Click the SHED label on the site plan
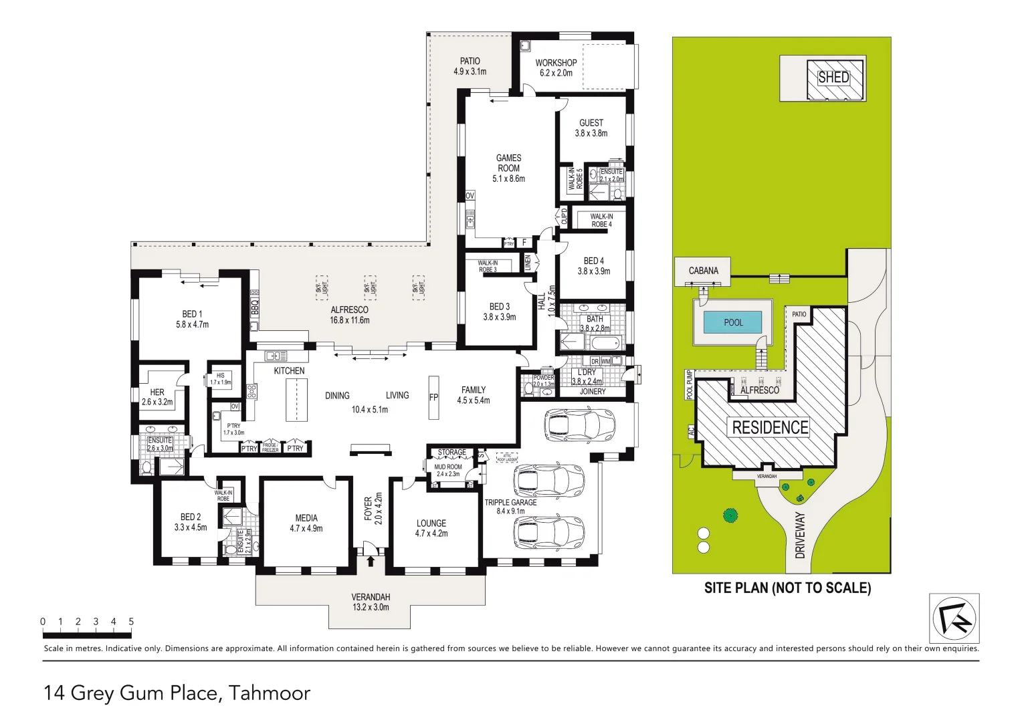click(833, 78)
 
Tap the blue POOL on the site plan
click(732, 323)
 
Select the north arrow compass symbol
click(954, 618)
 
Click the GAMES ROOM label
click(508, 163)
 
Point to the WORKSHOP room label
click(556, 63)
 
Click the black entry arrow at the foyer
click(371, 561)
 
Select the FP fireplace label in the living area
click(433, 397)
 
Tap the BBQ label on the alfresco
click(254, 308)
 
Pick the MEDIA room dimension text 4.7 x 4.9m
click(306, 529)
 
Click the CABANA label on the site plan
click(703, 271)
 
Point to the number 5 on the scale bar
click(131, 622)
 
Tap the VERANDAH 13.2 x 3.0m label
click(371, 602)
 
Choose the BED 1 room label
click(192, 314)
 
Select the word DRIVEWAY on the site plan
click(800, 535)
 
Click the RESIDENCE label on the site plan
click(770, 427)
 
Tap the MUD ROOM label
click(448, 467)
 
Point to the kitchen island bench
click(296, 400)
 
